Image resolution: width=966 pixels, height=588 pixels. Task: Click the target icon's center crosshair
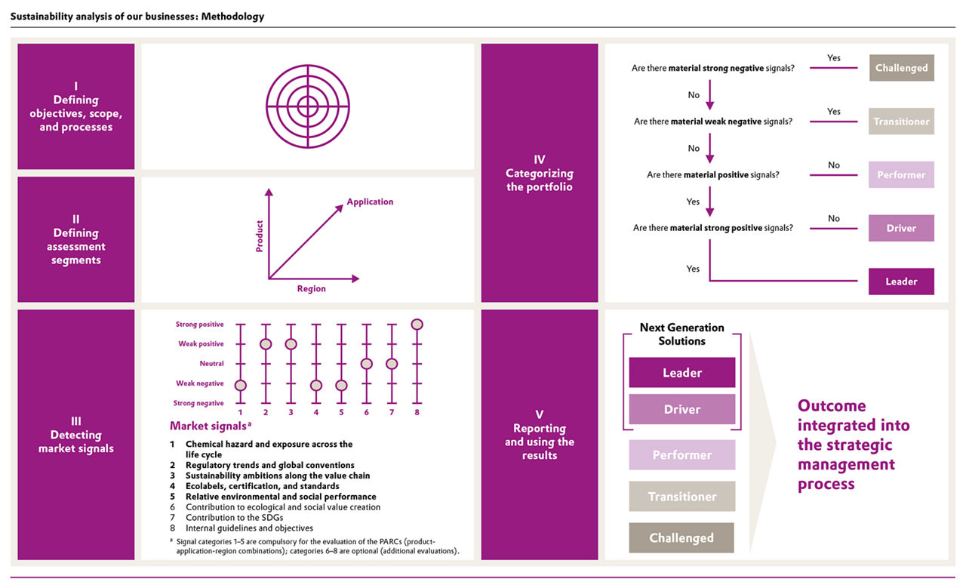click(307, 106)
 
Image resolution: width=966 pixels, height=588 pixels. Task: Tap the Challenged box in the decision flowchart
click(901, 68)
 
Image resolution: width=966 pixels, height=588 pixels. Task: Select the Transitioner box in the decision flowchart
click(901, 122)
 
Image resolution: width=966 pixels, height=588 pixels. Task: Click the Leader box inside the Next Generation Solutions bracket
click(681, 372)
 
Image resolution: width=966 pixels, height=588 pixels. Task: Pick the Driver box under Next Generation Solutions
click(681, 409)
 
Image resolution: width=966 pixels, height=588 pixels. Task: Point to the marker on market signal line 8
click(417, 325)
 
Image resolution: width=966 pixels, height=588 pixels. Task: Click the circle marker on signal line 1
click(241, 385)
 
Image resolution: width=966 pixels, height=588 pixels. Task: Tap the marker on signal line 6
click(367, 364)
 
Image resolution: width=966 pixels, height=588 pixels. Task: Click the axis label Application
click(370, 202)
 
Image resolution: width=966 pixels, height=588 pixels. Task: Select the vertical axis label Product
click(259, 236)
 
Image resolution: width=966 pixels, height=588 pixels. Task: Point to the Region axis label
click(312, 288)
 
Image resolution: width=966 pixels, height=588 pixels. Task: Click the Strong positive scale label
click(200, 325)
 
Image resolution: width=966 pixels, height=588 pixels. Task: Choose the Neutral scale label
click(212, 364)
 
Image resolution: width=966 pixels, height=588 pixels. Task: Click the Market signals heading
click(211, 426)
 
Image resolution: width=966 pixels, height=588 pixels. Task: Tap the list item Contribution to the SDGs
click(234, 517)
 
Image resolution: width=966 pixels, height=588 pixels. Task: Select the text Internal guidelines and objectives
click(249, 528)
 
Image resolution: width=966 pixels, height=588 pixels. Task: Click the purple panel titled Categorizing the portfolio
click(540, 173)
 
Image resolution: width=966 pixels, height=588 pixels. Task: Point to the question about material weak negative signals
click(713, 122)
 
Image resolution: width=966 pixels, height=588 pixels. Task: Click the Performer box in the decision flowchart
click(901, 174)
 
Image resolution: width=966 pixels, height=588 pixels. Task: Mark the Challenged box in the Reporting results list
click(681, 537)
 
